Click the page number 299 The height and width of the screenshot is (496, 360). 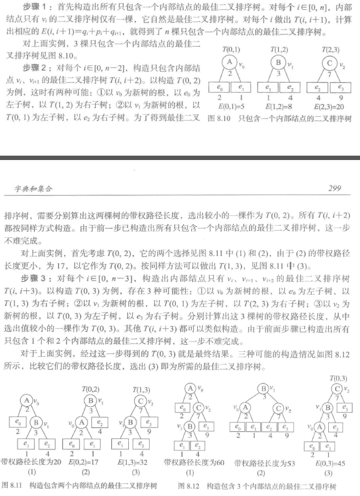(334, 189)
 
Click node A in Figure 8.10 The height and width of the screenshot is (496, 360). (230, 62)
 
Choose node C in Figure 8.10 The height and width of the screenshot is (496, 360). (330, 62)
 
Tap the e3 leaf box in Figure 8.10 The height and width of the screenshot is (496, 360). (340, 88)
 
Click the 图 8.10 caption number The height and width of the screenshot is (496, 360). (220, 119)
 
